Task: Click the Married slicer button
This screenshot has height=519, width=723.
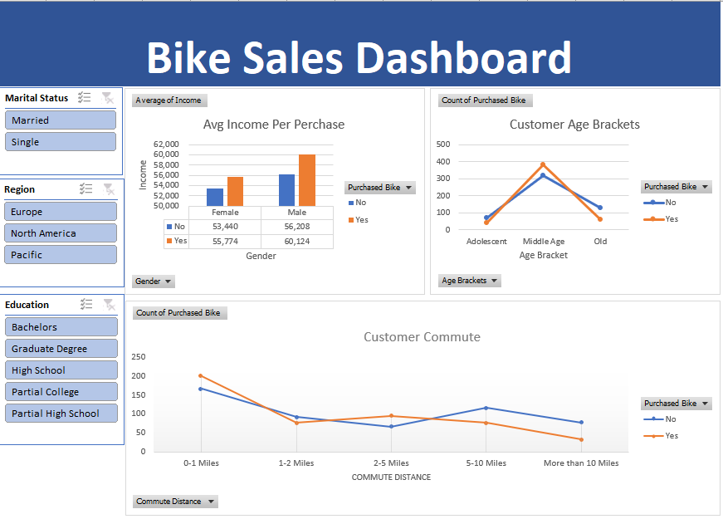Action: (x=60, y=120)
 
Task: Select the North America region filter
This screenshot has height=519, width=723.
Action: (x=60, y=233)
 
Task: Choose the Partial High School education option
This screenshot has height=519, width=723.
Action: (x=61, y=414)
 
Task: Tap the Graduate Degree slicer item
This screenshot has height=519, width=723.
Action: (x=61, y=349)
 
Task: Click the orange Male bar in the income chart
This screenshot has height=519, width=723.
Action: (x=307, y=180)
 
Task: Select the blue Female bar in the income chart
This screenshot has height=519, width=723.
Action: (x=215, y=197)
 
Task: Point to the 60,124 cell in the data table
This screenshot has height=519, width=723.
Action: (x=296, y=241)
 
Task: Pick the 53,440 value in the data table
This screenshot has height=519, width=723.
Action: (x=225, y=226)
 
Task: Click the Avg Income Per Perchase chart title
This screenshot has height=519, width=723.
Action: (x=274, y=125)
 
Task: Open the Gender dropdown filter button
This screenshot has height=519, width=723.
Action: (x=154, y=282)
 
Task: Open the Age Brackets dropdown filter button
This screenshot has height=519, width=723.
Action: (x=470, y=281)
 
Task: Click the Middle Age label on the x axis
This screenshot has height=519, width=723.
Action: (x=543, y=242)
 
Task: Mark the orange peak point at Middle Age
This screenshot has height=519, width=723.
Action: (x=543, y=164)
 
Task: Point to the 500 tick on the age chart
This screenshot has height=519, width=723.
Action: (x=443, y=144)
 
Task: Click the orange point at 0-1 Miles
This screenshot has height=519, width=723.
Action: (x=201, y=376)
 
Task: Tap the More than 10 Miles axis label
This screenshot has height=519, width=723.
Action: (x=581, y=463)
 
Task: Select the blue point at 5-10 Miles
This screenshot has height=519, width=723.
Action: (x=486, y=408)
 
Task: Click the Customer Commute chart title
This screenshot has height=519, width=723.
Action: (x=422, y=337)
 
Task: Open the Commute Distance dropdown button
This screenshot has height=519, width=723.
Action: (x=175, y=502)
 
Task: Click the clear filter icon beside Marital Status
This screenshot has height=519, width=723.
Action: (x=107, y=98)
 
